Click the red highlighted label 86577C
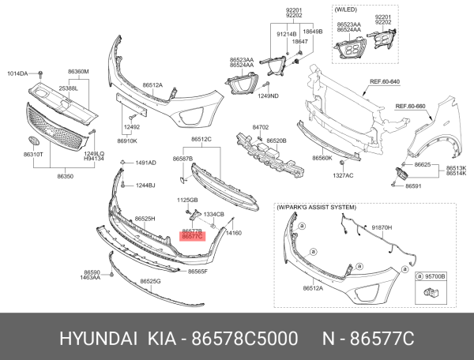point(193,236)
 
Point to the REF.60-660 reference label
point(411,106)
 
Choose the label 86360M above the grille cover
point(78,72)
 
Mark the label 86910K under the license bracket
point(127,141)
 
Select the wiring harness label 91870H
point(382,227)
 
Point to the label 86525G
point(150,281)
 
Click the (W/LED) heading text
point(346,10)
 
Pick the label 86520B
point(276,140)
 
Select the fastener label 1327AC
point(342,174)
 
